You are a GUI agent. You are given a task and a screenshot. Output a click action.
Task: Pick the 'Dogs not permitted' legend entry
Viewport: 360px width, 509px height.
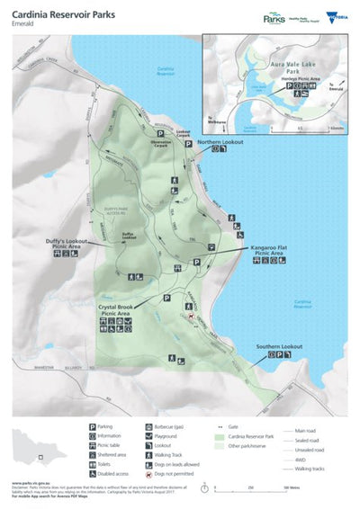coord(178,472)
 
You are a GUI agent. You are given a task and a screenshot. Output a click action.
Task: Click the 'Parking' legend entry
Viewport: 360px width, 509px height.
coord(108,427)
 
